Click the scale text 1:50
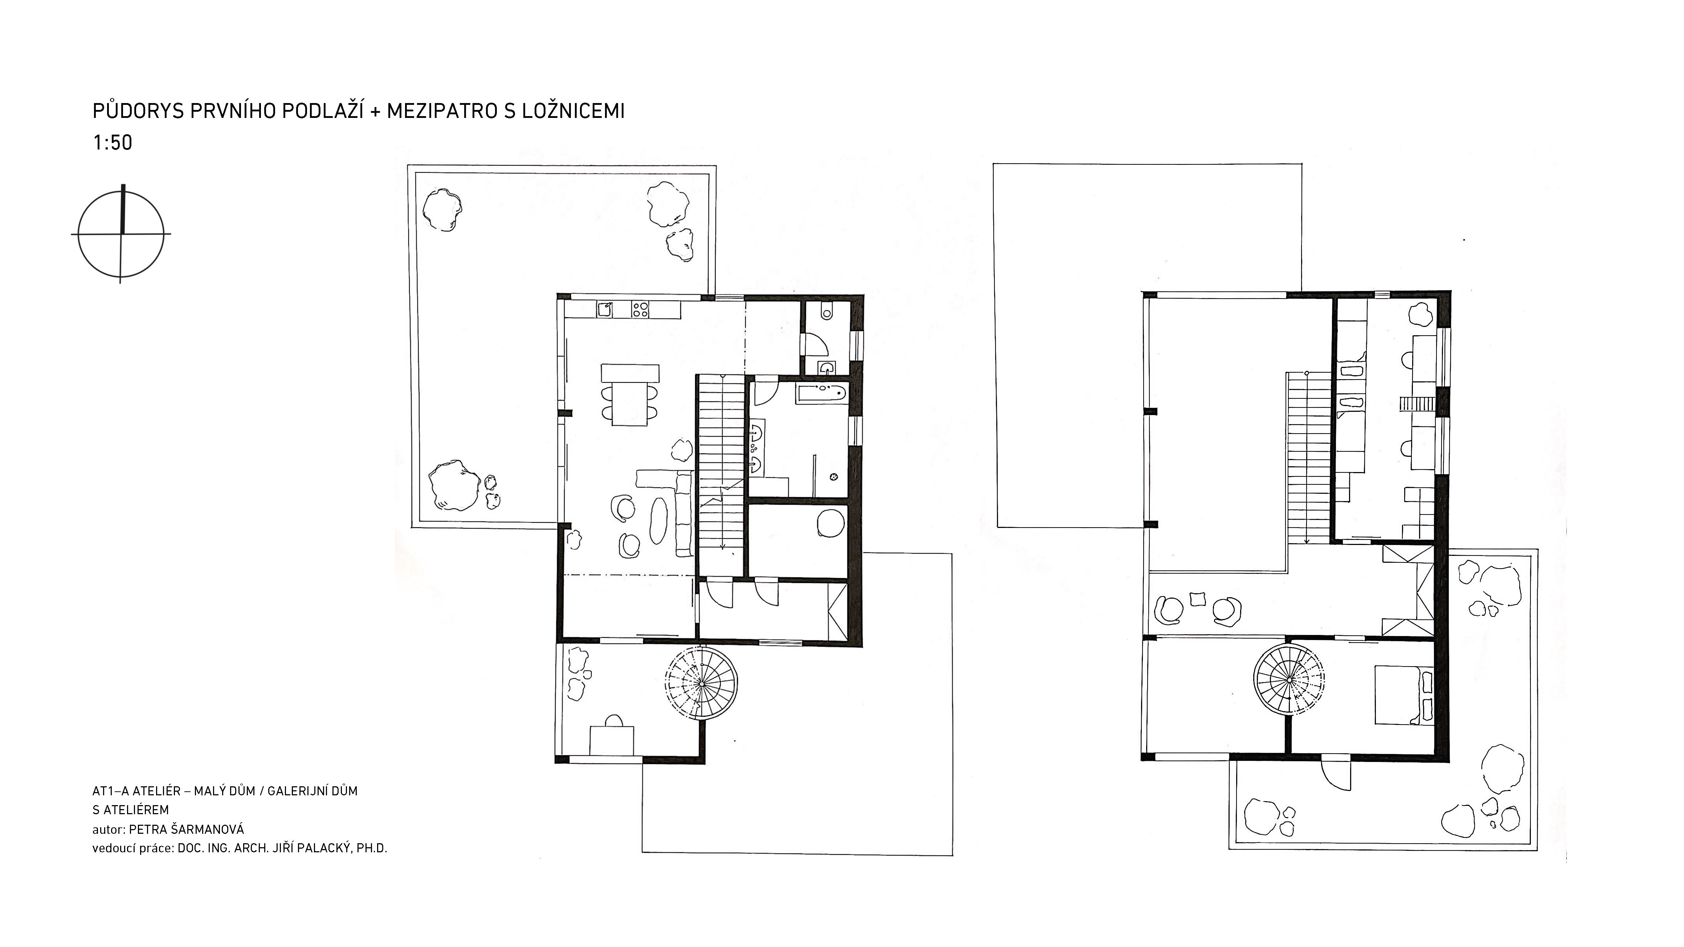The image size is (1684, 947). pos(113,143)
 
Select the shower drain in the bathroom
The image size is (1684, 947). pos(834,476)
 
